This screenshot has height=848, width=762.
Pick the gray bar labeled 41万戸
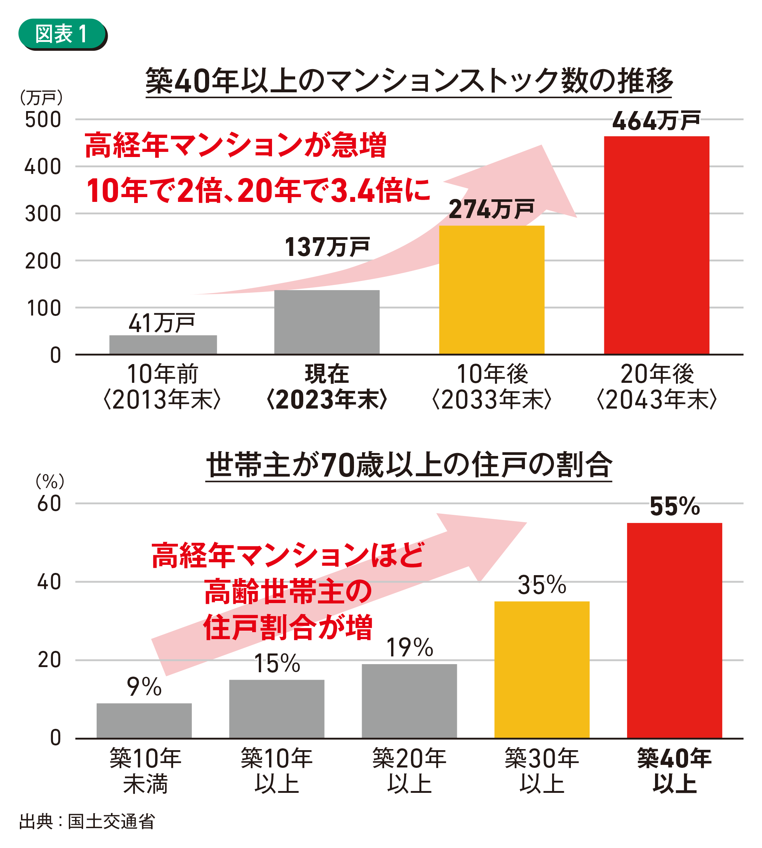click(x=163, y=344)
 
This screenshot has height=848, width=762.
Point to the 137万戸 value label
click(x=326, y=247)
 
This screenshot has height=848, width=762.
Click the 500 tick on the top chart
click(x=43, y=120)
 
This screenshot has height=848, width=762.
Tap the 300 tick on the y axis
click(x=43, y=214)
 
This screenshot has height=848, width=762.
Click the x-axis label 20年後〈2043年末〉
click(x=657, y=386)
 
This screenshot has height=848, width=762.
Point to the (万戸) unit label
click(x=41, y=97)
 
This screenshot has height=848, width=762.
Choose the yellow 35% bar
click(x=541, y=670)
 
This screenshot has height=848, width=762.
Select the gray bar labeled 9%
click(x=144, y=721)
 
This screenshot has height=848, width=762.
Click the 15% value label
click(x=277, y=663)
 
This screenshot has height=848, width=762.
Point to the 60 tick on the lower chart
click(x=49, y=504)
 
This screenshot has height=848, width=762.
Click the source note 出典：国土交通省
click(x=87, y=821)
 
